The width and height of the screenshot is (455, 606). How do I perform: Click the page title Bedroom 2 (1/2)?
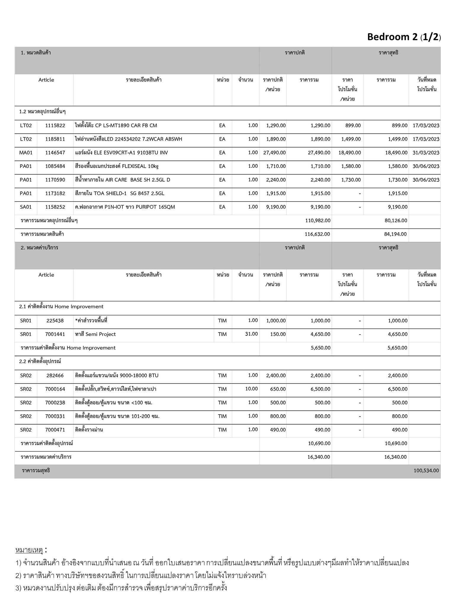(404, 37)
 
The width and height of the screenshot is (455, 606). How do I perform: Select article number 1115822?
(55, 125)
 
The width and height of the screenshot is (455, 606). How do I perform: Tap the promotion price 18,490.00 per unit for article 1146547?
(350, 153)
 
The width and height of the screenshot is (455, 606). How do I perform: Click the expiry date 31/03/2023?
(426, 153)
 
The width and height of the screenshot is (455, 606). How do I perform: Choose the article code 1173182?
(55, 194)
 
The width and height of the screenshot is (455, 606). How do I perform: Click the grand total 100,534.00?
(426, 470)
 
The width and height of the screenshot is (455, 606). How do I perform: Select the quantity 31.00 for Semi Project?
(251, 334)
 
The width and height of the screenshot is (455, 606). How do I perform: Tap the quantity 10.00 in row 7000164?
(251, 389)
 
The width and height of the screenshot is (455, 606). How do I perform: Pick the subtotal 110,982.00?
(318, 220)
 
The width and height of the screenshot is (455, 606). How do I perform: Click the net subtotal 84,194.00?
(395, 234)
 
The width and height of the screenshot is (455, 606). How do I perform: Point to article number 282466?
(55, 375)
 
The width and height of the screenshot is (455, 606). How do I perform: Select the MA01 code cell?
(26, 153)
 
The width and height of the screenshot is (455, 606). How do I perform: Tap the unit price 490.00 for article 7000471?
(278, 430)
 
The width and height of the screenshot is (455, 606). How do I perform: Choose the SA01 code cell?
(26, 207)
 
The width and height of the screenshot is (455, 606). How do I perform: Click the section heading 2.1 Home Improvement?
(61, 307)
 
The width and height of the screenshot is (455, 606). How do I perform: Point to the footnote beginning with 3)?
(121, 588)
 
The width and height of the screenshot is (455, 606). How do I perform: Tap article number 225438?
(55, 321)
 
